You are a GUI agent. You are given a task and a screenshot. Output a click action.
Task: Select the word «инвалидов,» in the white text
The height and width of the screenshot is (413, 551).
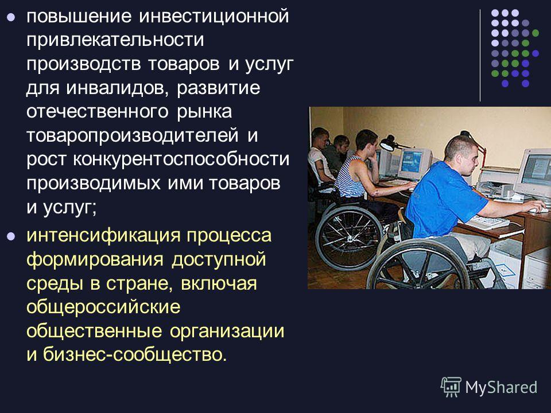coord(115,88)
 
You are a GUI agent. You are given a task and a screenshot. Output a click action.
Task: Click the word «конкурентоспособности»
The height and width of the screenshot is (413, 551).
coord(181,160)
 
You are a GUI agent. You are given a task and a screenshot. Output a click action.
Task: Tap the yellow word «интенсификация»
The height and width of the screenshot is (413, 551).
coord(103,236)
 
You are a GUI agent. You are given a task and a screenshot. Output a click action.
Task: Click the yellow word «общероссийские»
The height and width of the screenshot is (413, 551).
coord(103,307)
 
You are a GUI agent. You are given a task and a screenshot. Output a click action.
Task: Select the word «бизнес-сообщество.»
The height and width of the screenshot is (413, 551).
coord(135,354)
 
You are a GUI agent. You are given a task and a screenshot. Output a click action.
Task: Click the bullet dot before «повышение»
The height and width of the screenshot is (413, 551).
coord(11,17)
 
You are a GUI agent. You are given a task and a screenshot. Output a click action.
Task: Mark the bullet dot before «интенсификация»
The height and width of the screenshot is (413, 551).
coord(11,236)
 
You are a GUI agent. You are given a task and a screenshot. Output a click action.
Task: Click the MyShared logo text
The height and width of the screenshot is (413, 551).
coord(501,387)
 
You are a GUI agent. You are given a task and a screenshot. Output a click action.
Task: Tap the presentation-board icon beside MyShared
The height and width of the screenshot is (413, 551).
coord(451,387)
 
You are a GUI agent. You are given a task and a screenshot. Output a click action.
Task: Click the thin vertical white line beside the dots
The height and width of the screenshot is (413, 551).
coord(480,56)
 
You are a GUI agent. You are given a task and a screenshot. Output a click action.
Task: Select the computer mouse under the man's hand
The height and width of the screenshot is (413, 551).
coord(538,210)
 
